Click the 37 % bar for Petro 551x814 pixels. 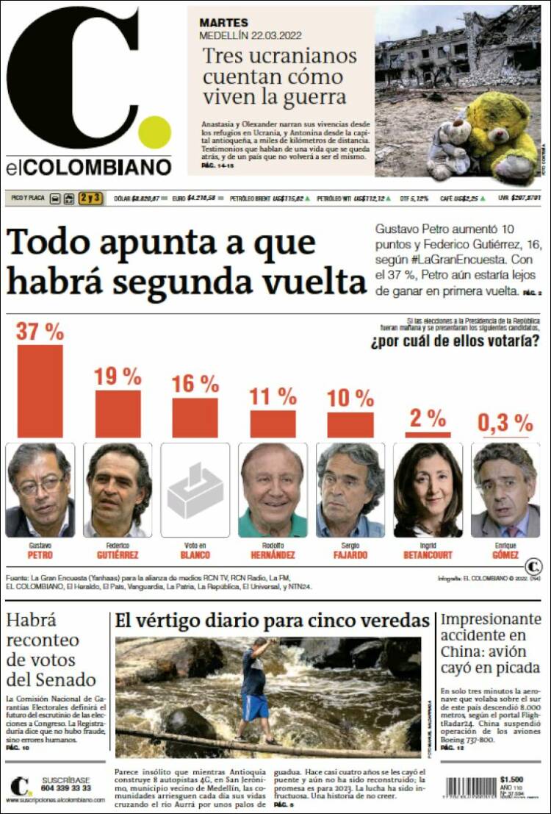[x=40, y=390]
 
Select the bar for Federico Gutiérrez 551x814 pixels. [x=118, y=413]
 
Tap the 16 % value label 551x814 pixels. [x=195, y=383]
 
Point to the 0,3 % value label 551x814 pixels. [x=505, y=423]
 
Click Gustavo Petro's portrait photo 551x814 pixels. [x=40, y=490]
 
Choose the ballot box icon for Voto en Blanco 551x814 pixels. [x=195, y=490]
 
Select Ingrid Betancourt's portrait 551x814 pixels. [x=428, y=490]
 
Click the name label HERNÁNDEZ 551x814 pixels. [x=273, y=555]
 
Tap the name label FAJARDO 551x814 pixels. [x=350, y=555]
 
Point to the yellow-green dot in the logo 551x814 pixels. [x=155, y=132]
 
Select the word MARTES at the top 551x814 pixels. [x=223, y=23]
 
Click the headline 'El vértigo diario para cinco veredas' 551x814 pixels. [x=272, y=621]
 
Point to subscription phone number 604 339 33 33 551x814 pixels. [x=66, y=788]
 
